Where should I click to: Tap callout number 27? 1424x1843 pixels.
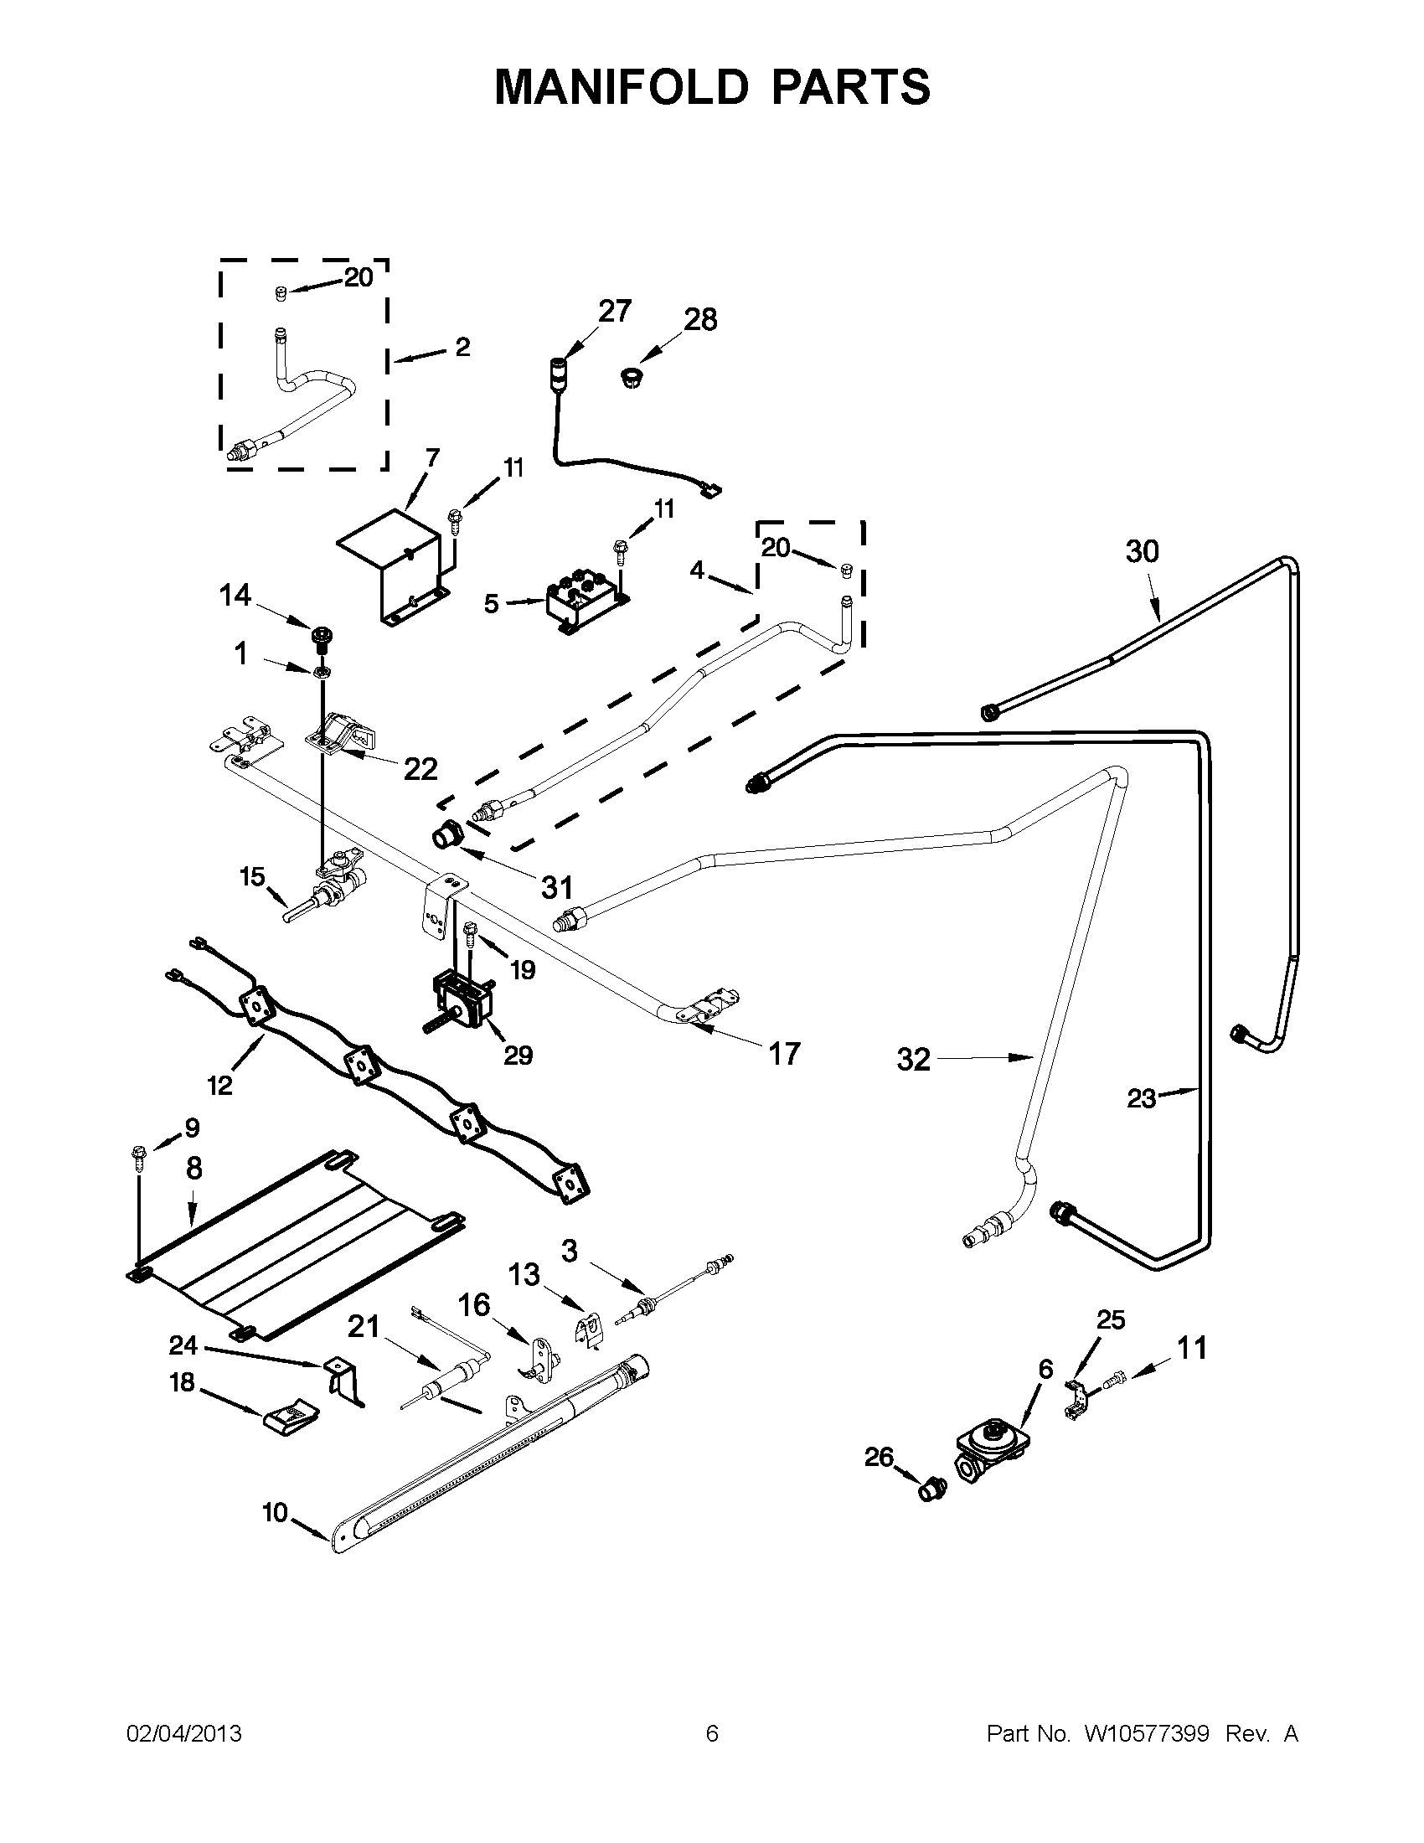click(x=614, y=312)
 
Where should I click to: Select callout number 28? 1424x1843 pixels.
click(x=700, y=320)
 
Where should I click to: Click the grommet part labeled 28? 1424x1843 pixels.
click(x=629, y=377)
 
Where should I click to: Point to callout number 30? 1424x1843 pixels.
click(x=1143, y=551)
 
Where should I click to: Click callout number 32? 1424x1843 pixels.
click(x=913, y=1059)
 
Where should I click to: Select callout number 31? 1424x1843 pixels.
click(x=557, y=887)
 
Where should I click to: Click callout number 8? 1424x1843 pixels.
click(x=194, y=1168)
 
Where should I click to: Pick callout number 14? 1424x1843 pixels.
click(x=235, y=596)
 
